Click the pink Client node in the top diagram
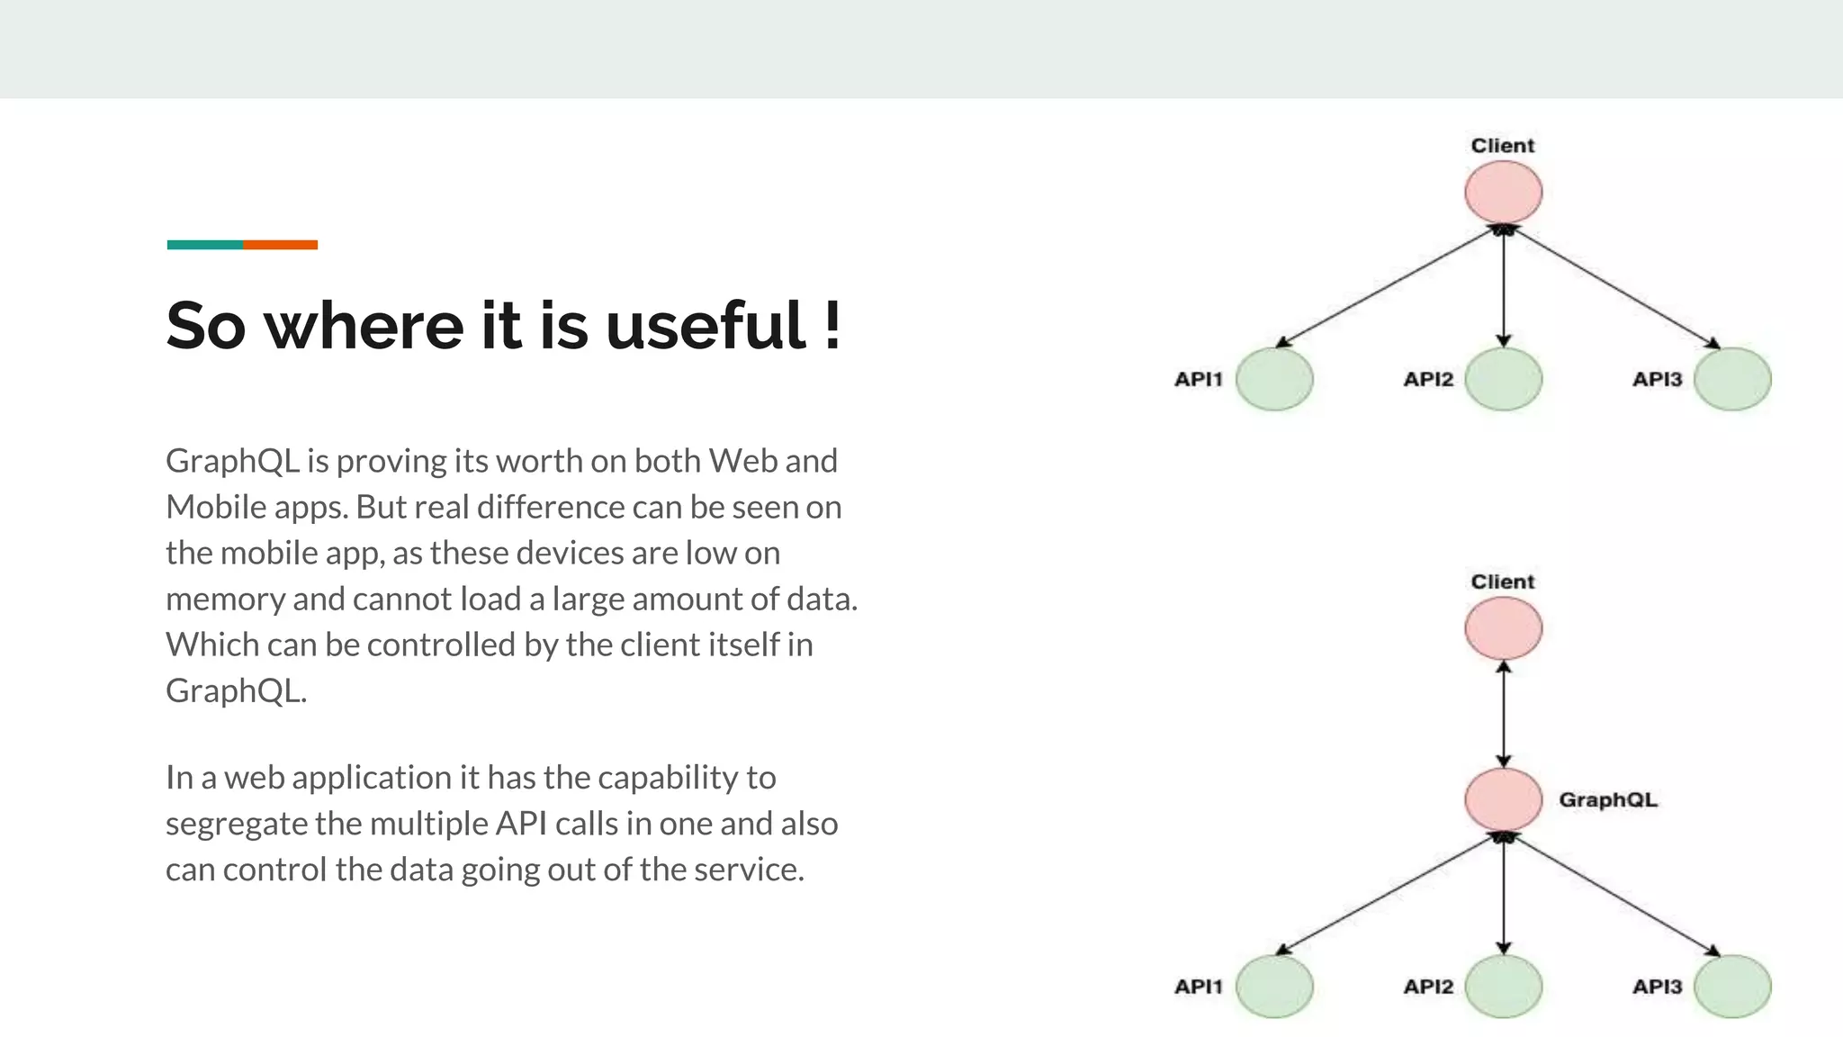(x=1503, y=193)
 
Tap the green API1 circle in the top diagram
(x=1274, y=379)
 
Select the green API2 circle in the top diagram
(x=1503, y=379)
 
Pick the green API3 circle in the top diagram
(x=1732, y=379)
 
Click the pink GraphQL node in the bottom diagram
(x=1503, y=799)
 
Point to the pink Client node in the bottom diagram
(x=1503, y=628)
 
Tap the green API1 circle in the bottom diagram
(x=1274, y=987)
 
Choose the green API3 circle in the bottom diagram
(x=1732, y=987)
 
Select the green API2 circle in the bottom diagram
(x=1503, y=987)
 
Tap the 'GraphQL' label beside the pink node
(x=1608, y=799)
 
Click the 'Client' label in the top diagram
(x=1503, y=146)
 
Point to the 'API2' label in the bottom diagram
(x=1428, y=987)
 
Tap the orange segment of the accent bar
(x=280, y=245)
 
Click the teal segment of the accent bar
(x=205, y=245)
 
